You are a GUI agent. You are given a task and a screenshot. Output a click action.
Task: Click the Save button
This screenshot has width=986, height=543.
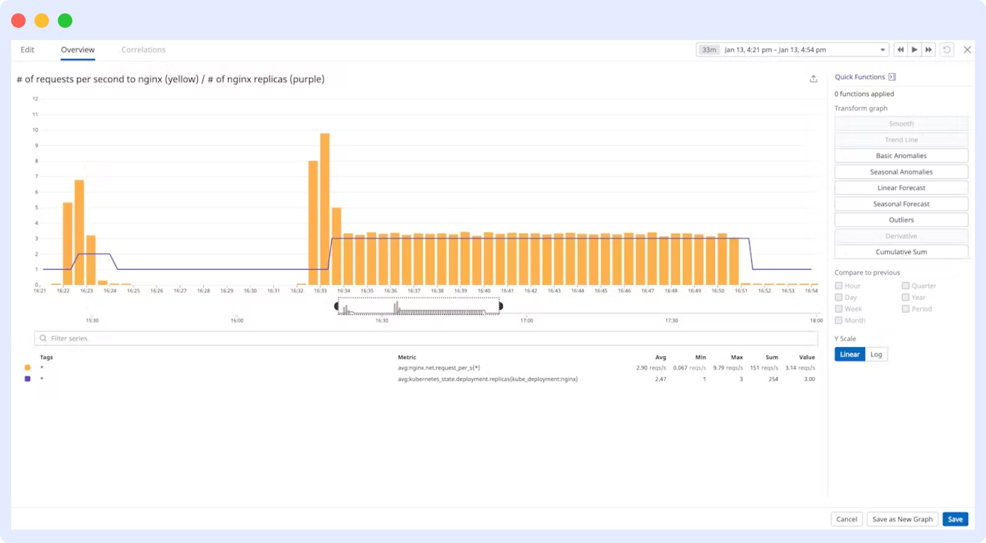click(x=955, y=519)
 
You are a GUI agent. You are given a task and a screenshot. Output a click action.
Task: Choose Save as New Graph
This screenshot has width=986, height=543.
click(x=902, y=519)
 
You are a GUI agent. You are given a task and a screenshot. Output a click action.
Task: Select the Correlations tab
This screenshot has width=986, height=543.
click(x=143, y=50)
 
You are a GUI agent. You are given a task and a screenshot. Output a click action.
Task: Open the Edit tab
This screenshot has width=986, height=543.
click(x=27, y=50)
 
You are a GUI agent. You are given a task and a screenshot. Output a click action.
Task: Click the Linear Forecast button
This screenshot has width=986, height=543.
click(x=901, y=188)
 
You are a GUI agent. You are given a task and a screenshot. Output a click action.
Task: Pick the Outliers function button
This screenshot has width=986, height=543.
click(x=901, y=220)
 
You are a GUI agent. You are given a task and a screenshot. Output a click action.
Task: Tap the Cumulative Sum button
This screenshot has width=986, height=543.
click(x=901, y=252)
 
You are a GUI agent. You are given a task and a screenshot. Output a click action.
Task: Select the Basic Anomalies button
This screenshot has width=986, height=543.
click(x=901, y=156)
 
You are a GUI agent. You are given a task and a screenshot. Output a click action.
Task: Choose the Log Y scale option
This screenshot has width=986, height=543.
click(x=876, y=354)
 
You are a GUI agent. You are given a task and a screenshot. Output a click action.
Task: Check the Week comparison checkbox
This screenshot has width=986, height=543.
click(x=839, y=309)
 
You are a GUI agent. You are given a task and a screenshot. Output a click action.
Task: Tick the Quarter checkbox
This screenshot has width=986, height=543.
click(x=905, y=285)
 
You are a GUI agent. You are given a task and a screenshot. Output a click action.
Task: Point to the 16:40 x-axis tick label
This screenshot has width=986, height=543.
click(x=484, y=290)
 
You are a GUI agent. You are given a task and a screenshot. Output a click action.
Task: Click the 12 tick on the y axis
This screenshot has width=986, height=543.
click(x=35, y=99)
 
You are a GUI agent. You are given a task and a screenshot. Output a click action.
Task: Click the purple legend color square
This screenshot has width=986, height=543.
click(x=27, y=379)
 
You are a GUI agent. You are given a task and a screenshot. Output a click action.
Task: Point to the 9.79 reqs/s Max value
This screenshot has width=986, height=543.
click(x=727, y=368)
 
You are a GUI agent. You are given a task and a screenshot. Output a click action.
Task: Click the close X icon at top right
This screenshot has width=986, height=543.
click(x=967, y=50)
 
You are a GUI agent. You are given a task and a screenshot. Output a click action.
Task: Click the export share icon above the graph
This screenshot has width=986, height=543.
click(x=813, y=79)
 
